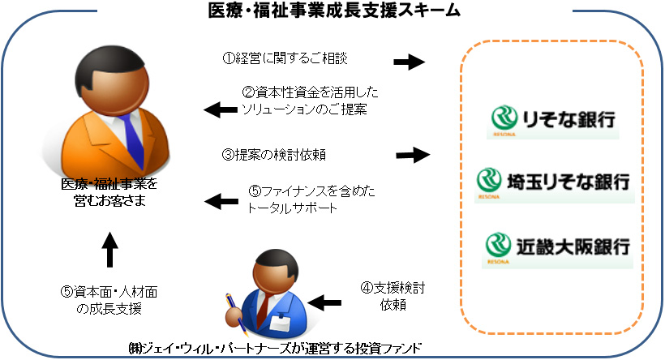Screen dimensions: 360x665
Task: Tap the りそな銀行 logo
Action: pyautogui.click(x=555, y=119)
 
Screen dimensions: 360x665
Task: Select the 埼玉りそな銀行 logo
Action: pyautogui.click(x=555, y=181)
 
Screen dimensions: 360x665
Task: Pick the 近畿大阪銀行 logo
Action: pyautogui.click(x=555, y=244)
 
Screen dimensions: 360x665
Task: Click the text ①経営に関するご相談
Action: pyautogui.click(x=290, y=59)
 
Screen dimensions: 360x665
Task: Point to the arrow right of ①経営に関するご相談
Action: pyautogui.click(x=410, y=61)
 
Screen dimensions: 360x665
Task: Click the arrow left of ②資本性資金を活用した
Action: pyautogui.click(x=215, y=109)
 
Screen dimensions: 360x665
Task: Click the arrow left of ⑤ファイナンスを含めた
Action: pyautogui.click(x=215, y=199)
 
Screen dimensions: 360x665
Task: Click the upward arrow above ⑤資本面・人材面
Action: pyautogui.click(x=111, y=251)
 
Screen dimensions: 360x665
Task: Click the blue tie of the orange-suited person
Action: pyautogui.click(x=124, y=131)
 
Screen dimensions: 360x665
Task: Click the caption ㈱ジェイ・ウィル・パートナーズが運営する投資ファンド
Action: pyautogui.click(x=276, y=349)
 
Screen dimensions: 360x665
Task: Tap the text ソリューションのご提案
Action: pyautogui.click(x=305, y=108)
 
